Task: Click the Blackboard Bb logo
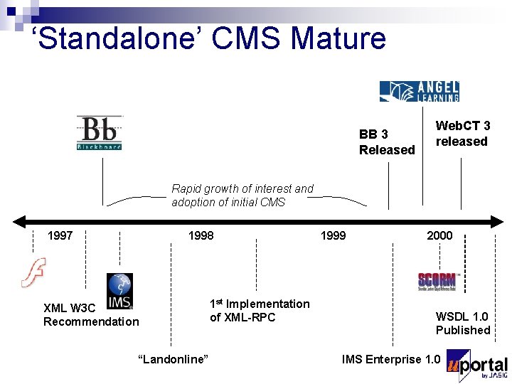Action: tap(100, 133)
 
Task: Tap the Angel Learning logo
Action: tap(419, 91)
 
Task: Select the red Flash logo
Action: tap(33, 272)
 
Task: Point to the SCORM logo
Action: tap(436, 281)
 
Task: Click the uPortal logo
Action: tap(477, 365)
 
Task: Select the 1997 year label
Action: tap(60, 235)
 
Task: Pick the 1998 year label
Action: tap(201, 235)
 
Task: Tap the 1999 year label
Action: tap(333, 235)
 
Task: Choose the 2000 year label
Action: tap(439, 235)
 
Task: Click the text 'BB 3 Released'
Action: tap(387, 142)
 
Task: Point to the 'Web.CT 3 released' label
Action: tap(463, 134)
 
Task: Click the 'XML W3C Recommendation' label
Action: tap(91, 315)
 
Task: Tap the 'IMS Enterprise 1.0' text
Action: tap(391, 359)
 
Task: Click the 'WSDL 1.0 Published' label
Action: tap(463, 324)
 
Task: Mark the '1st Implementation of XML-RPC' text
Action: tap(260, 311)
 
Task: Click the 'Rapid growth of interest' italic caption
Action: tap(242, 196)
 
